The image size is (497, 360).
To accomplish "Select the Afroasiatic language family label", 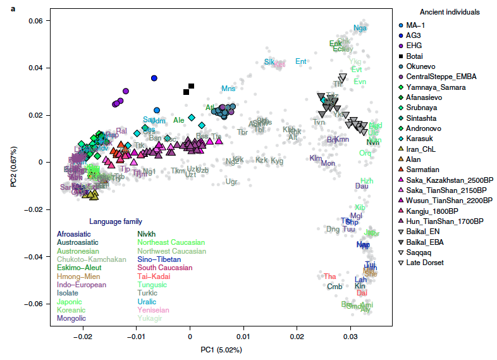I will click(76, 233).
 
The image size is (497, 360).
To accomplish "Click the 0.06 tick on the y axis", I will click(33, 21).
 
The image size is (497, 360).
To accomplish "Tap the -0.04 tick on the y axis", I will click(31, 257).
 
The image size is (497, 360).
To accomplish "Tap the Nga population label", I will click(360, 28).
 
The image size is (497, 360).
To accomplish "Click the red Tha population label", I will click(330, 276).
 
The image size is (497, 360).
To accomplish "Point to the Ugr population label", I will click(231, 182).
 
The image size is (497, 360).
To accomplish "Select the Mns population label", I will click(228, 89).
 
